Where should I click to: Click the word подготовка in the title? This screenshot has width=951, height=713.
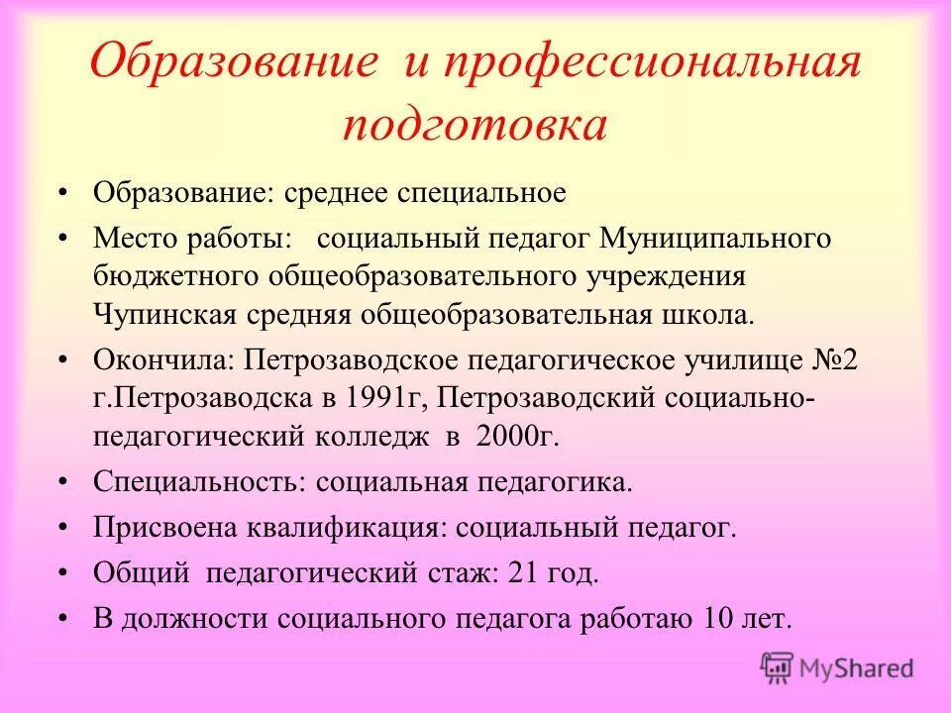coord(475,127)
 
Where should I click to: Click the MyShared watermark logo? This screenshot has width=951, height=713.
coord(836,667)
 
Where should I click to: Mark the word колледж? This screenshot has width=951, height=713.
coord(375,436)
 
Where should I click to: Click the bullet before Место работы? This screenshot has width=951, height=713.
coord(62,239)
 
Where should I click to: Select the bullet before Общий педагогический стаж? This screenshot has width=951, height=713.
coord(62,572)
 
